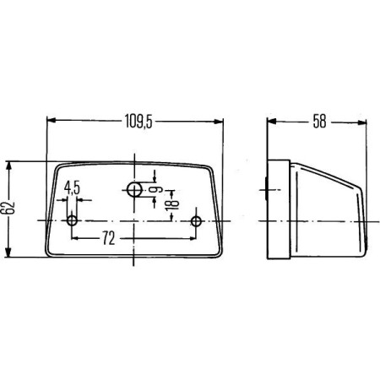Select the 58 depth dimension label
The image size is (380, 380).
coord(319,121)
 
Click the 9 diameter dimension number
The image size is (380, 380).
coord(155,190)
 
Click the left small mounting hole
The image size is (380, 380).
coord(72,220)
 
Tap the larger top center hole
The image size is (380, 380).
coord(134,189)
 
